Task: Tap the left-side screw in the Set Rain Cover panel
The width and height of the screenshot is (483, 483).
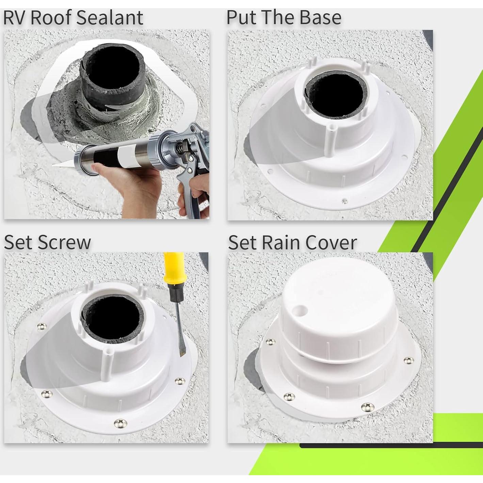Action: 270,341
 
